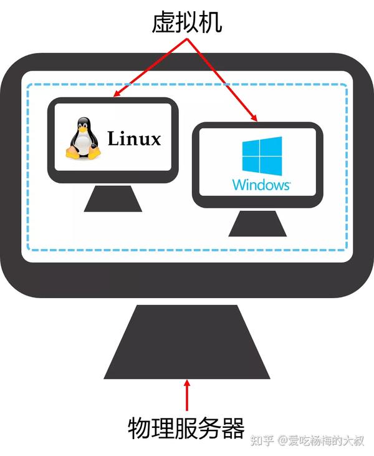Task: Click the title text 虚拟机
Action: click(x=187, y=22)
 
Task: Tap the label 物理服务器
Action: click(x=186, y=428)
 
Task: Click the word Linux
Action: click(x=134, y=138)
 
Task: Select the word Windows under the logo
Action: click(x=261, y=185)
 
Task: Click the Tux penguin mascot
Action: click(x=83, y=138)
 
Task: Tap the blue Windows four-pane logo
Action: click(x=262, y=156)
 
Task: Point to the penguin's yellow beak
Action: click(x=84, y=129)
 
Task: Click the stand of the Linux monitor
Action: click(x=113, y=198)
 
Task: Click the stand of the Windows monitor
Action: click(x=257, y=223)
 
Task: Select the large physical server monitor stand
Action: click(x=187, y=342)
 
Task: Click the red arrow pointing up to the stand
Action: click(x=187, y=395)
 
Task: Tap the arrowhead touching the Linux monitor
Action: click(x=117, y=93)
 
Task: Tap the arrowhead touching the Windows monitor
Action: click(x=254, y=117)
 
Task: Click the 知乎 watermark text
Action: click(x=262, y=440)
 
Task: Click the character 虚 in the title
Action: click(x=163, y=22)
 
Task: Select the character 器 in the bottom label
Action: click(x=233, y=428)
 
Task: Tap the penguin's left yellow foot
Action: click(x=72, y=153)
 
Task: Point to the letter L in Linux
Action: click(x=113, y=138)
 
